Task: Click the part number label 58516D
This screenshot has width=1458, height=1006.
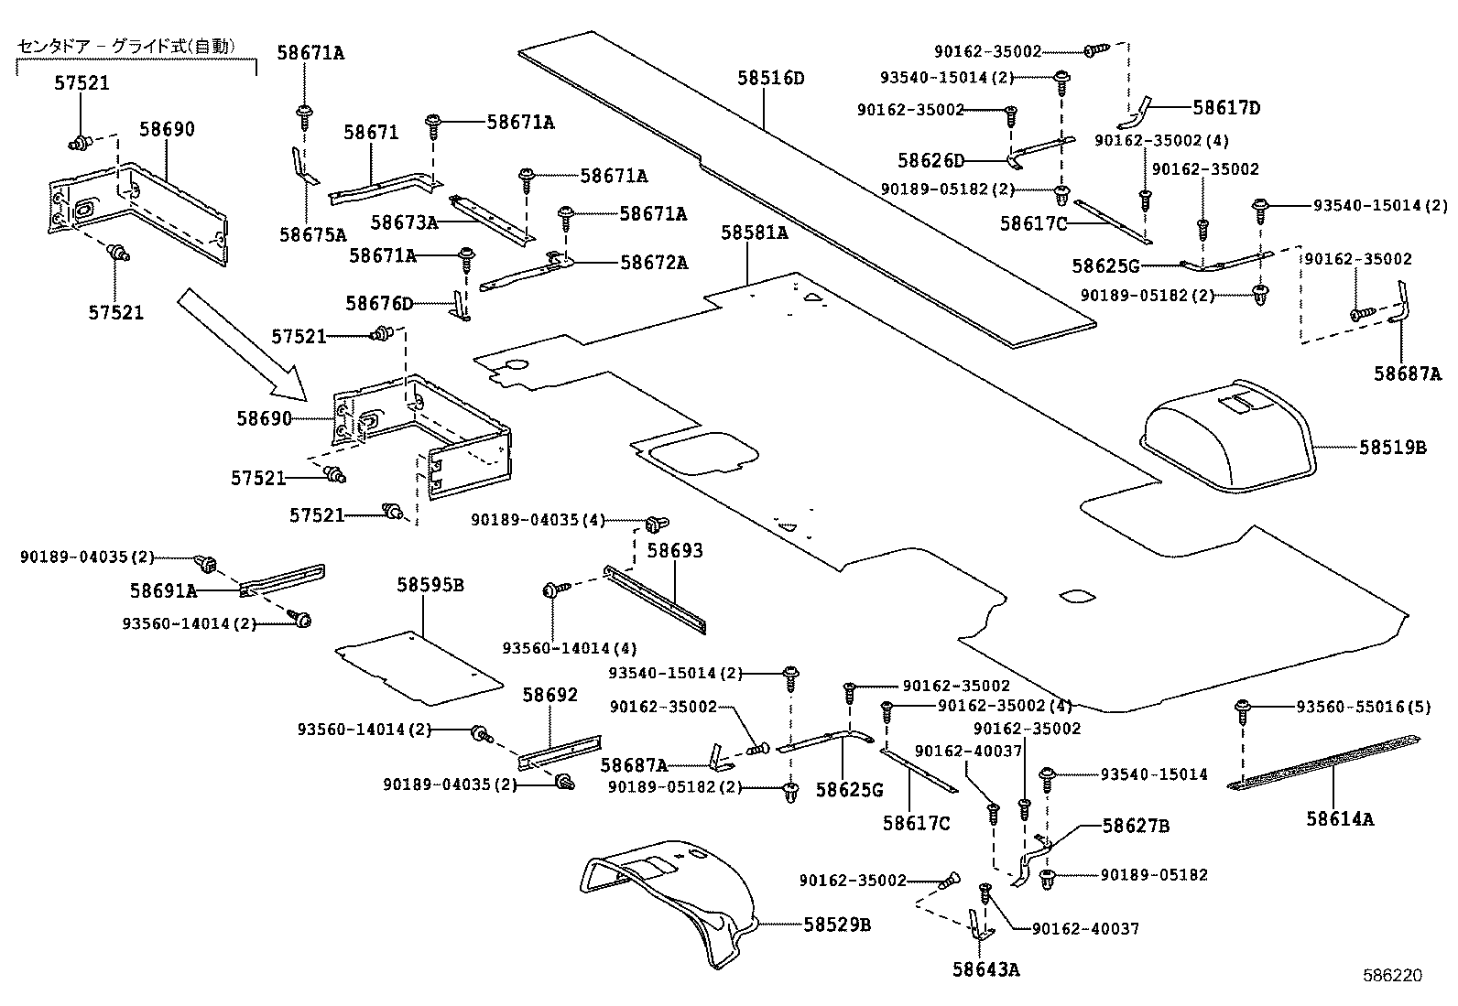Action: pos(770,78)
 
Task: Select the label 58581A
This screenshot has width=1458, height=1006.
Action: pos(754,233)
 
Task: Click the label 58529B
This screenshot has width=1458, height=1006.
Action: pos(836,925)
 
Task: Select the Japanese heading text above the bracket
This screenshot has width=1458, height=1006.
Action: pos(126,46)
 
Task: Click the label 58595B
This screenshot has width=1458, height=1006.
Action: pos(430,585)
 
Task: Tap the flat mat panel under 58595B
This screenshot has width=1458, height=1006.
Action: pos(419,666)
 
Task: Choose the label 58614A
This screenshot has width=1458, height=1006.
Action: pos(1340,819)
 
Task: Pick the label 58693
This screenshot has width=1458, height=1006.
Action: pos(675,551)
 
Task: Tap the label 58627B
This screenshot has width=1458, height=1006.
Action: pos(1136,827)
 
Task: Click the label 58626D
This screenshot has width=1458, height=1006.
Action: pos(930,161)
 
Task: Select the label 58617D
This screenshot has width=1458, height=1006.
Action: pos(1226,108)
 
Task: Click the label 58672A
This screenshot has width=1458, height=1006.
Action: pos(654,263)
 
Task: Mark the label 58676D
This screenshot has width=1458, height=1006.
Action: pos(379,303)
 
